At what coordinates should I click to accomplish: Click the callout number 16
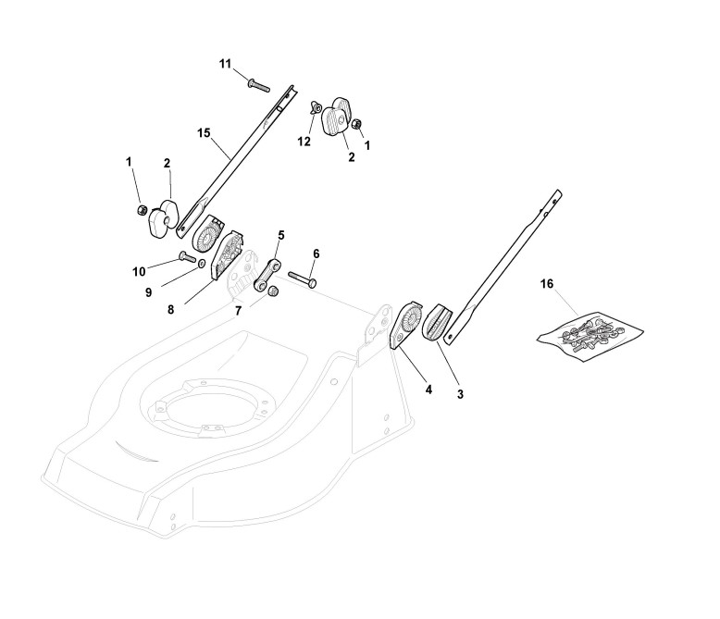click(547, 283)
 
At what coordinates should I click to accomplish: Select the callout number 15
click(205, 132)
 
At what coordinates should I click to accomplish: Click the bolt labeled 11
click(257, 85)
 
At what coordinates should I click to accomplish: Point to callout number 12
click(304, 142)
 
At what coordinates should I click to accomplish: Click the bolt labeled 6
click(304, 277)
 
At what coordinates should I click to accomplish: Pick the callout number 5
click(281, 235)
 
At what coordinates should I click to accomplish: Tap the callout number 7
click(238, 310)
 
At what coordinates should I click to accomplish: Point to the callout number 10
click(139, 271)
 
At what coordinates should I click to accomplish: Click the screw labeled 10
click(188, 257)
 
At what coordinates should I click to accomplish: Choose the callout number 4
click(428, 390)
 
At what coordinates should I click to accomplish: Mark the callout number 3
click(461, 394)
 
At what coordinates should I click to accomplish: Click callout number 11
click(225, 63)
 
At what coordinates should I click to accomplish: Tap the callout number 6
click(316, 253)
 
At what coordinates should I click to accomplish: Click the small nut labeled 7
click(274, 293)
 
